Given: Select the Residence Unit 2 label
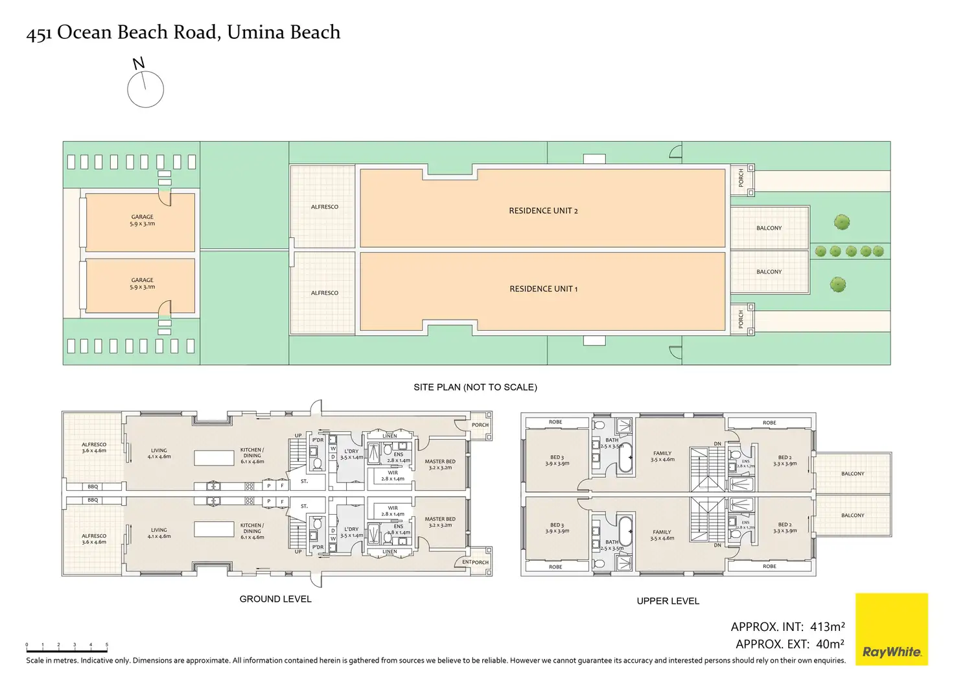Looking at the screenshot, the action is click(543, 211).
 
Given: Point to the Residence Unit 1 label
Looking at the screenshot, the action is click(543, 289).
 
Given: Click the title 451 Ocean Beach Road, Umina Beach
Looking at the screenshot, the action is click(183, 32).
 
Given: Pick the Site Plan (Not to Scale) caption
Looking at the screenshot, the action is click(475, 387).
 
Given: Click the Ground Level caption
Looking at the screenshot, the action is click(275, 599).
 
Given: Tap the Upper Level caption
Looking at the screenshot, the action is click(668, 601).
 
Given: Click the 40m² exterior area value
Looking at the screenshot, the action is click(830, 644).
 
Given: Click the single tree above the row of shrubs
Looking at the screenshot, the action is click(842, 222).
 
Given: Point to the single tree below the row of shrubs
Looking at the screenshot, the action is click(837, 284).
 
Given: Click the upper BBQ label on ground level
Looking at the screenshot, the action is click(93, 486).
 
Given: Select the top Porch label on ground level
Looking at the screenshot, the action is click(480, 425).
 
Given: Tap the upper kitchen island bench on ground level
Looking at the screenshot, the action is click(214, 457).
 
